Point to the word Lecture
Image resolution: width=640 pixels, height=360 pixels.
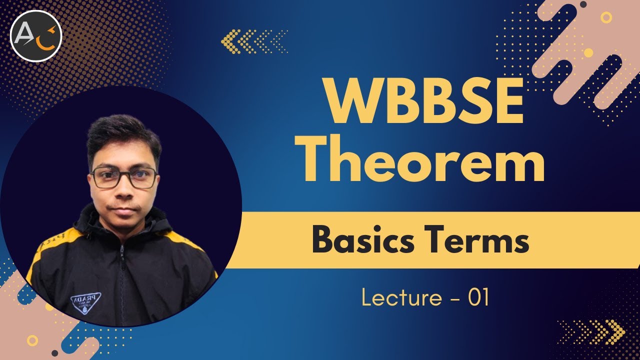click(401, 298)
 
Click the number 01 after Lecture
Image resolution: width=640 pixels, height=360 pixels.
click(478, 298)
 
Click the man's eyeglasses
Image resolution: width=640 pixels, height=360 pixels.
click(124, 177)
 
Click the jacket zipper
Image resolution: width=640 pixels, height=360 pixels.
click(122, 280)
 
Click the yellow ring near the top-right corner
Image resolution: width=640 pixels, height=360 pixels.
click(606, 17)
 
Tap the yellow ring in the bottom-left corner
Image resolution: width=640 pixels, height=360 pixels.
click(32, 340)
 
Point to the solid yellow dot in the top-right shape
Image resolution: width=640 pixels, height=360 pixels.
click(588, 52)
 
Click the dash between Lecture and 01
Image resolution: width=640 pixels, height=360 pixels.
click(455, 299)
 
